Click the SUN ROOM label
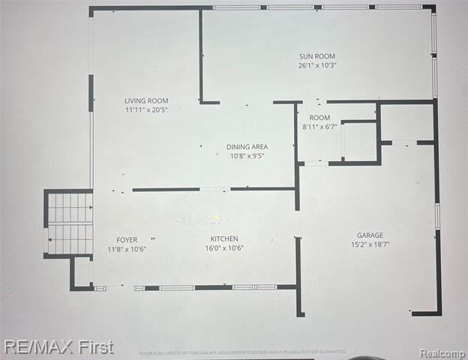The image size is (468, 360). (x=317, y=56)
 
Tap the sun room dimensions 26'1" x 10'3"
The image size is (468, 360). (x=317, y=65)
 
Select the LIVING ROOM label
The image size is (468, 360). (x=146, y=100)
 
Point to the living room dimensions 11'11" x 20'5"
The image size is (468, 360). (x=146, y=109)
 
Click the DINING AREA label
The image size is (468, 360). (x=247, y=147)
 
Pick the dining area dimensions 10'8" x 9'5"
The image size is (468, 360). (x=247, y=156)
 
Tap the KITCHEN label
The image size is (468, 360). (x=224, y=239)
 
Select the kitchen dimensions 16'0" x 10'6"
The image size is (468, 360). (x=224, y=248)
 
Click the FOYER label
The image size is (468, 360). (x=127, y=240)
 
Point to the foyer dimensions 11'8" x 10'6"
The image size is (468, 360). (x=127, y=249)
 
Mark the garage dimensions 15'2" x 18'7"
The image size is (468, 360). (x=370, y=244)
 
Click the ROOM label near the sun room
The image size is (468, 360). (x=319, y=118)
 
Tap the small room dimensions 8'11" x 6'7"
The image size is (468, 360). (x=319, y=127)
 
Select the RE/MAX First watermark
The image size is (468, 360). (x=58, y=347)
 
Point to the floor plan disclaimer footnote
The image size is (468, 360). (x=242, y=352)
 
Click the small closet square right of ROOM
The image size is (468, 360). (x=359, y=142)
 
